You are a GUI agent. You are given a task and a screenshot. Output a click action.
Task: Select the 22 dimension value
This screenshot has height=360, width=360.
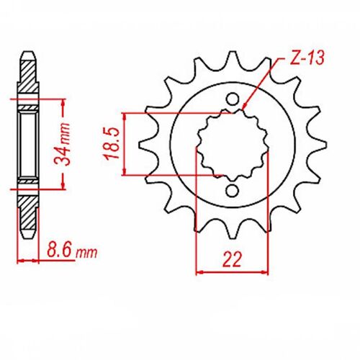231,258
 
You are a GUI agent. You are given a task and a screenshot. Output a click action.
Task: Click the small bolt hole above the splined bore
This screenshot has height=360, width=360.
232,99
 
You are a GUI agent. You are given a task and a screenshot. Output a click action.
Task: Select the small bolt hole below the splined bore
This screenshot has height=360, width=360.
232,190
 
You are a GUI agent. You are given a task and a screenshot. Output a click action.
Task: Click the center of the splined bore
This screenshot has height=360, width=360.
232,145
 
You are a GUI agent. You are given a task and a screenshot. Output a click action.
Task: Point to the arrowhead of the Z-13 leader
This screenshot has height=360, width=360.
246,110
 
